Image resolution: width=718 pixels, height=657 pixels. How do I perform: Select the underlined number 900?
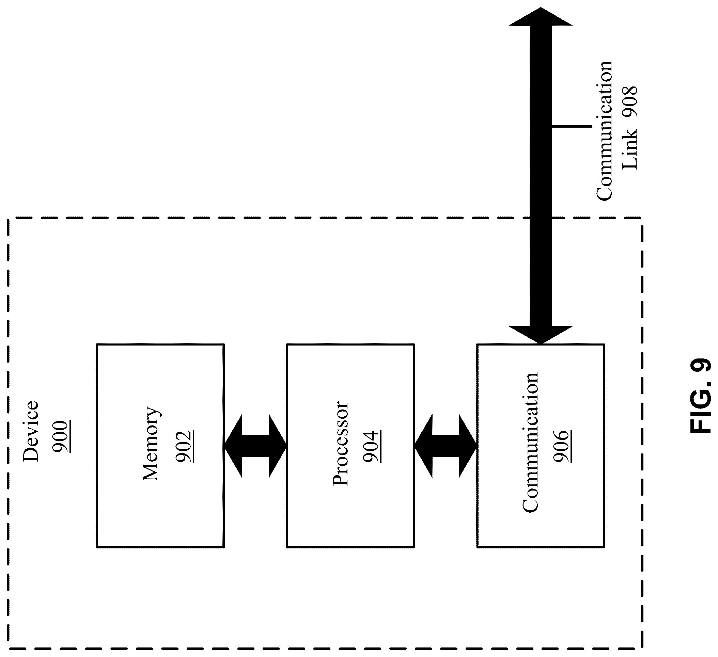click(61, 437)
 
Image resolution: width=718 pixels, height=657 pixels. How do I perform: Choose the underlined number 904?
click(372, 447)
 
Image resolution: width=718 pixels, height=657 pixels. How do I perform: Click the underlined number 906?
click(562, 447)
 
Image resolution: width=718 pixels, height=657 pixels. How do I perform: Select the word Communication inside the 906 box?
click(530, 443)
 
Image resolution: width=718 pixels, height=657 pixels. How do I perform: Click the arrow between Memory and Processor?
click(255, 446)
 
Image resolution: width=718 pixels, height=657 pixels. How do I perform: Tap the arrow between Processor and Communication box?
click(446, 446)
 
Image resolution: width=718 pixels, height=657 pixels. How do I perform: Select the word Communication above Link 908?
click(604, 131)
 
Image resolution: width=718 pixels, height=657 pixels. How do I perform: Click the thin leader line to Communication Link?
click(571, 126)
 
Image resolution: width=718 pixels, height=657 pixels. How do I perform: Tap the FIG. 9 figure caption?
click(701, 396)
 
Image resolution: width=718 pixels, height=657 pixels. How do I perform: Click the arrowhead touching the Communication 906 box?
click(541, 335)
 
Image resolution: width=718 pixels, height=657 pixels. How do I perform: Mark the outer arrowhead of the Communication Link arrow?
click(541, 17)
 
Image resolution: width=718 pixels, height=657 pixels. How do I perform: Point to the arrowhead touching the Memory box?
click(233, 446)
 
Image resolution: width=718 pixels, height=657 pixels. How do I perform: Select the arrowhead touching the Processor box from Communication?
click(423, 446)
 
